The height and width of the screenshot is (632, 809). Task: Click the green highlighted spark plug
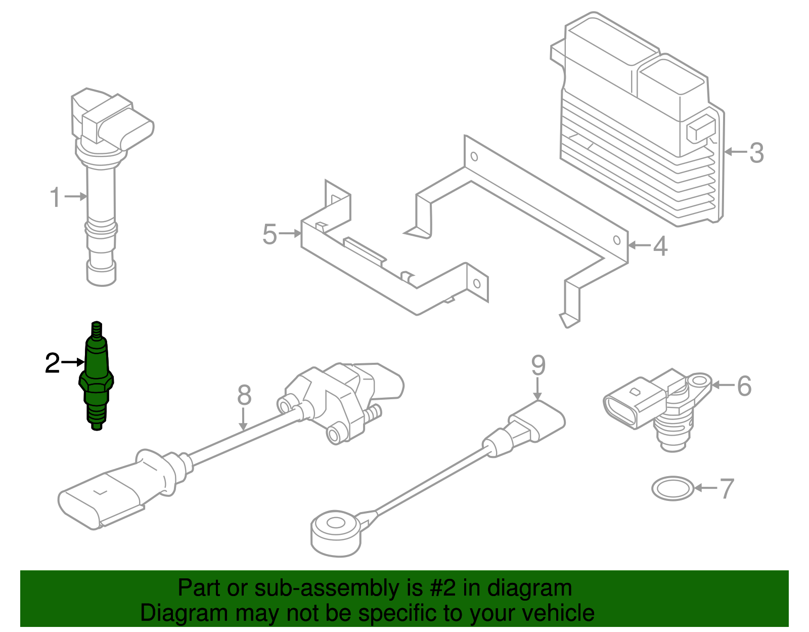point(96,377)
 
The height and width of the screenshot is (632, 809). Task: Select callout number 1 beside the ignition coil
point(56,197)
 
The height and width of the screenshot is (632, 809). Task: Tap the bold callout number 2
point(52,363)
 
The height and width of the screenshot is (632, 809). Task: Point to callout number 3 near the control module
point(756,153)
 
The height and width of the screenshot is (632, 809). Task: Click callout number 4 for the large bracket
point(660,246)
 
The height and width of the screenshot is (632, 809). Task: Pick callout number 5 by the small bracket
point(269,235)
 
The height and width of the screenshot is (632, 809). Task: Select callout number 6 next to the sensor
point(744,386)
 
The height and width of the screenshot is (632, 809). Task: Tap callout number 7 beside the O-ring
point(727,489)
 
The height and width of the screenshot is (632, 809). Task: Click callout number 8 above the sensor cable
point(244,395)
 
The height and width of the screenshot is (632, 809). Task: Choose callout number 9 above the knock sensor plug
point(538,365)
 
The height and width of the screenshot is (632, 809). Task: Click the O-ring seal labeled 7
point(672,488)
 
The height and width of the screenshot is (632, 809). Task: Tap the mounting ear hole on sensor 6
point(700,381)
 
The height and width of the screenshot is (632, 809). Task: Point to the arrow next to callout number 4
point(639,246)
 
